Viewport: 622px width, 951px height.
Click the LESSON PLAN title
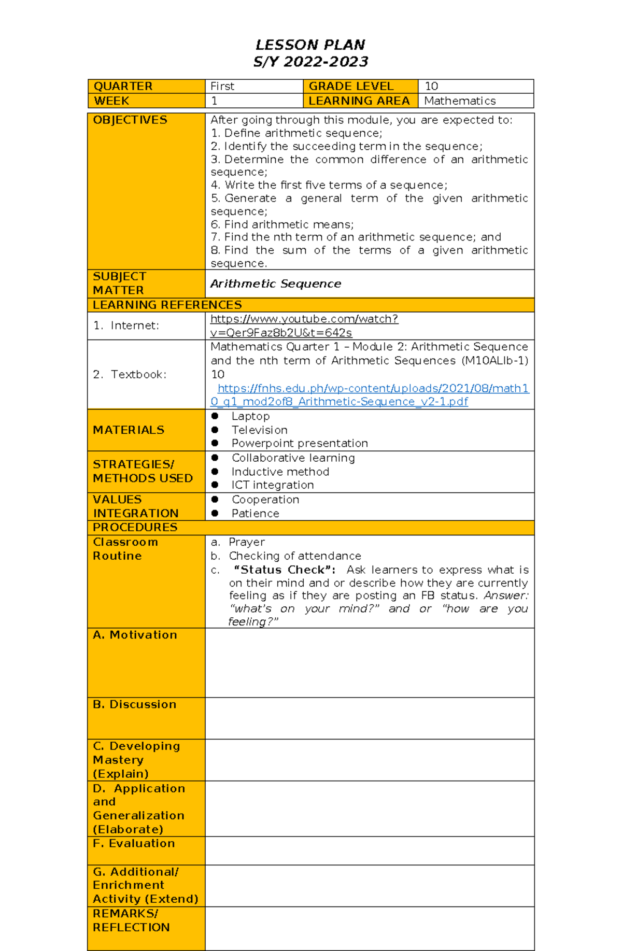point(310,45)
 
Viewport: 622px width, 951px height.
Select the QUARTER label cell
point(123,86)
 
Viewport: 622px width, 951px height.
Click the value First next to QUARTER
point(222,86)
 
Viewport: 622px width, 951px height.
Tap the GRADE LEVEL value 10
point(431,86)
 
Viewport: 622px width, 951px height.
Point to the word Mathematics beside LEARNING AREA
point(460,101)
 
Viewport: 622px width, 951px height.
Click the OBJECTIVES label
point(130,120)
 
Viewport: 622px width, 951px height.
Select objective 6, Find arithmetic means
point(282,224)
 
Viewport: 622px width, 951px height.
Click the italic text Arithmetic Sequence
point(276,283)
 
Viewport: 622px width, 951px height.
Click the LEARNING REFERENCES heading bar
point(167,305)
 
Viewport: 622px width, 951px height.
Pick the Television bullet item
point(259,430)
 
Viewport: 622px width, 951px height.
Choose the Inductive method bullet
point(280,472)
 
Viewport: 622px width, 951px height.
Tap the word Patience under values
point(255,513)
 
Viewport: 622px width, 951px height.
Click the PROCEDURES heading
point(135,527)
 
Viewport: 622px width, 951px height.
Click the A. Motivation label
point(135,635)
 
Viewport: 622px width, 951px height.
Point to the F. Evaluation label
point(134,843)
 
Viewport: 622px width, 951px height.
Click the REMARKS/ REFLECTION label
point(131,920)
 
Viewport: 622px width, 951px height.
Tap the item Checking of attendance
point(295,556)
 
